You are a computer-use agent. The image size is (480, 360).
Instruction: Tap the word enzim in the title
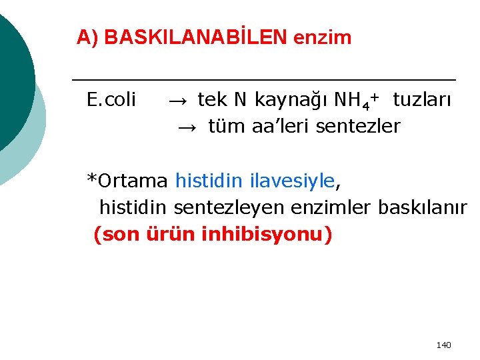(322, 37)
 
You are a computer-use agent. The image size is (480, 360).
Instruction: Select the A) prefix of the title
(87, 37)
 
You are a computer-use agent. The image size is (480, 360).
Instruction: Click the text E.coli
(111, 100)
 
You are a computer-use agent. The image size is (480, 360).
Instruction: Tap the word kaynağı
(290, 101)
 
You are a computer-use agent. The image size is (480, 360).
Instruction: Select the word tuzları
(421, 100)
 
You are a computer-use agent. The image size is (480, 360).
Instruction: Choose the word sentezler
(357, 125)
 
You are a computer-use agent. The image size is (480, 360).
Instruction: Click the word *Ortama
(127, 181)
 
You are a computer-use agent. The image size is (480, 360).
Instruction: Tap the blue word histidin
(209, 180)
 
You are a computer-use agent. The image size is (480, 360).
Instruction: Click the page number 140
(443, 345)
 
